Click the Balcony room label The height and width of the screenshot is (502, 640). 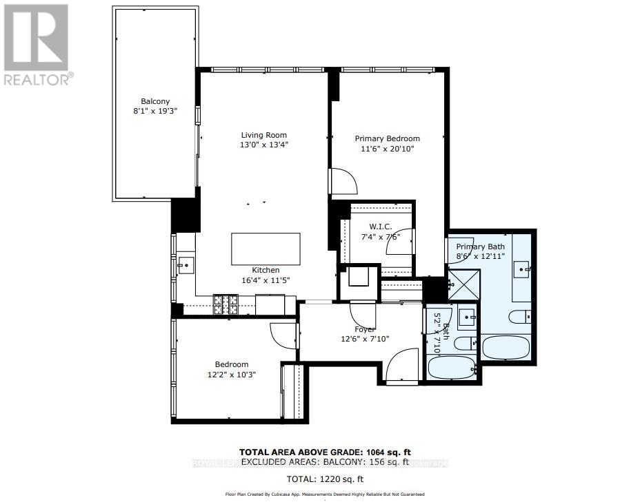[155, 101]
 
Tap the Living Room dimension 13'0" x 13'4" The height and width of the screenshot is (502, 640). [263, 145]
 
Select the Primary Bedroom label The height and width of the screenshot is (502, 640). [387, 138]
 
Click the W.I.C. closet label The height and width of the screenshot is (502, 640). [380, 227]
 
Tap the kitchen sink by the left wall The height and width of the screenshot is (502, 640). [185, 263]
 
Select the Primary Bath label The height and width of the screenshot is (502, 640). [480, 247]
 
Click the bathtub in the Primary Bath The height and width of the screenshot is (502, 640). [506, 347]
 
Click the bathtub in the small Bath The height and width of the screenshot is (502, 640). [452, 367]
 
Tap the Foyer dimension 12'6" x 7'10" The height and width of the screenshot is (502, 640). [365, 338]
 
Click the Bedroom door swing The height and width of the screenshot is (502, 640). [283, 337]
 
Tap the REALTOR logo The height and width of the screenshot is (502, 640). [37, 45]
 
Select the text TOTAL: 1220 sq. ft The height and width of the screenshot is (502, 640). [326, 479]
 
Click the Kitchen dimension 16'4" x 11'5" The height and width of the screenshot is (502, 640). [266, 280]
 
